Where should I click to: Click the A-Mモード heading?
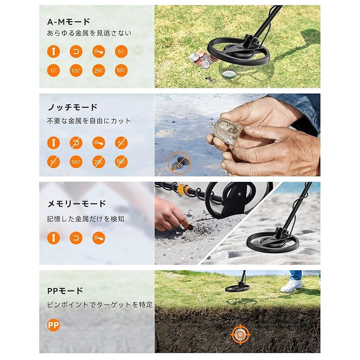click(x=69, y=22)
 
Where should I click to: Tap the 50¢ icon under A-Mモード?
click(x=121, y=71)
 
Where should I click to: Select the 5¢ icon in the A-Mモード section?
click(x=121, y=52)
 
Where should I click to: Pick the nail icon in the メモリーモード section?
click(x=54, y=238)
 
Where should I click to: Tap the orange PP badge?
click(x=54, y=324)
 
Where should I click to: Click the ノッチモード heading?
click(x=72, y=107)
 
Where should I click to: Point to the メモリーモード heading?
click(x=76, y=203)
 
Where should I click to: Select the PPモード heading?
click(x=65, y=291)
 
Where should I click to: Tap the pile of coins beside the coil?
click(x=199, y=58)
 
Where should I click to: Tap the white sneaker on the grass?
click(x=291, y=285)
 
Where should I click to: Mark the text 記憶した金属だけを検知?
click(x=85, y=219)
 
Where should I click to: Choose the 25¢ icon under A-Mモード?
click(x=99, y=71)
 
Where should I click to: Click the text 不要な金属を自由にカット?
click(x=89, y=121)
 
